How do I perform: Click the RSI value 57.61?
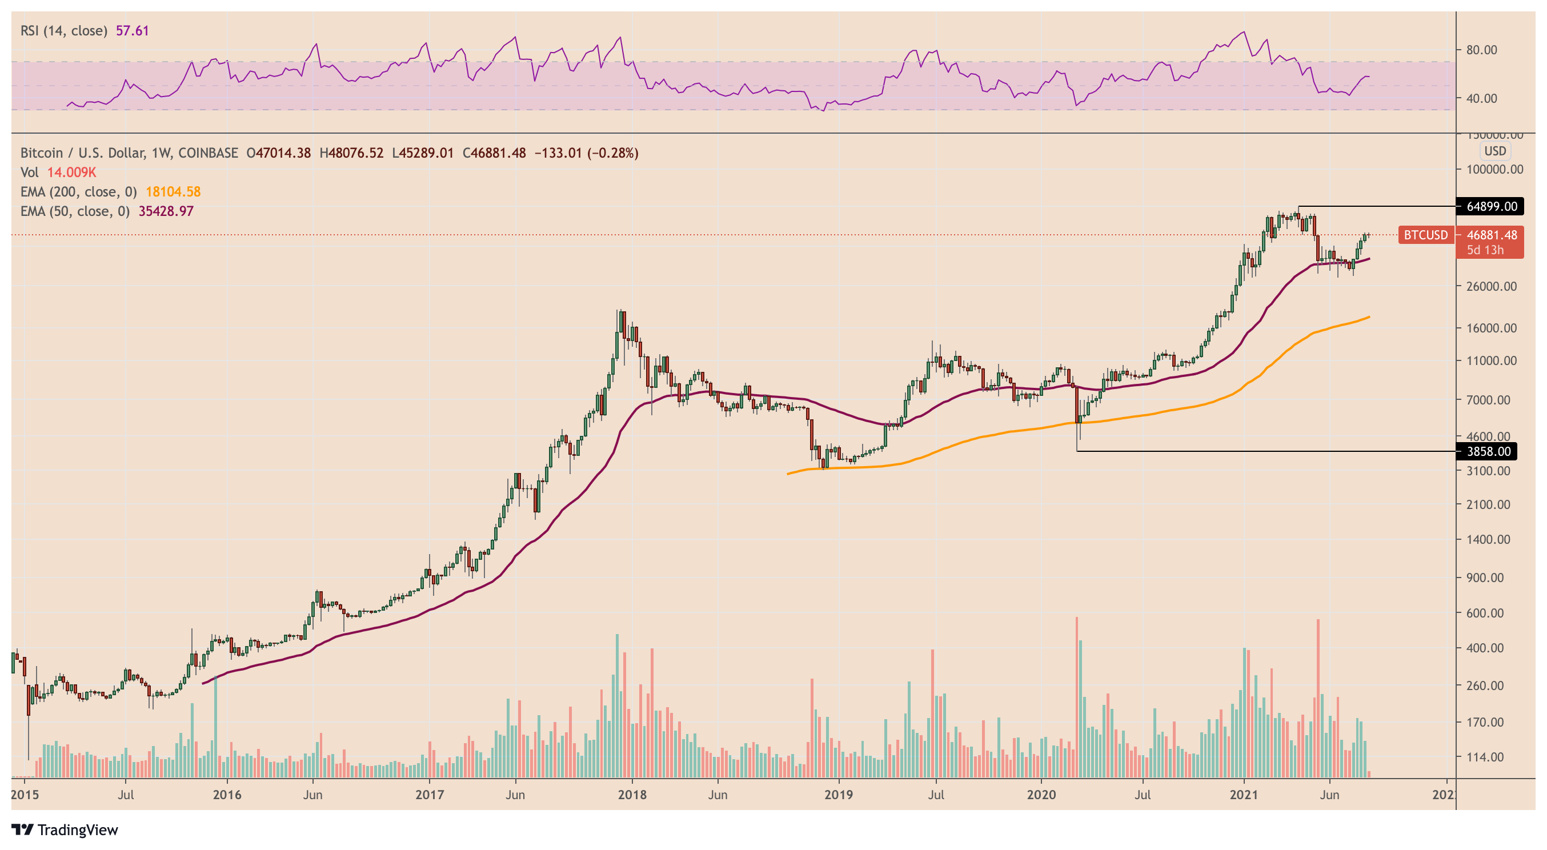(x=132, y=31)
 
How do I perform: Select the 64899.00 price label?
(x=1490, y=207)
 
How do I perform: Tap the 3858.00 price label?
(x=1488, y=451)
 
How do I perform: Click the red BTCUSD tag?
(x=1425, y=235)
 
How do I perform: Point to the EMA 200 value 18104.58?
(x=173, y=191)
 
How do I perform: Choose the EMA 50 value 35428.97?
(x=166, y=211)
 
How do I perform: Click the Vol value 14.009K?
(x=71, y=173)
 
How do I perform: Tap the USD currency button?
(x=1495, y=151)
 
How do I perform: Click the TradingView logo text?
(x=78, y=830)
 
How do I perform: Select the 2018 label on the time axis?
(x=632, y=795)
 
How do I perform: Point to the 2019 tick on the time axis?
(x=839, y=795)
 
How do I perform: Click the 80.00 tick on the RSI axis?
(x=1481, y=50)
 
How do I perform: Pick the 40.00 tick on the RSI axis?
(x=1481, y=98)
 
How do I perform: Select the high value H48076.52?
(x=351, y=153)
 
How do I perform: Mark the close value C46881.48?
(x=494, y=153)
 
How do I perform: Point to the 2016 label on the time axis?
(x=227, y=795)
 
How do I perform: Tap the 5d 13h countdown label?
(x=1485, y=250)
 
